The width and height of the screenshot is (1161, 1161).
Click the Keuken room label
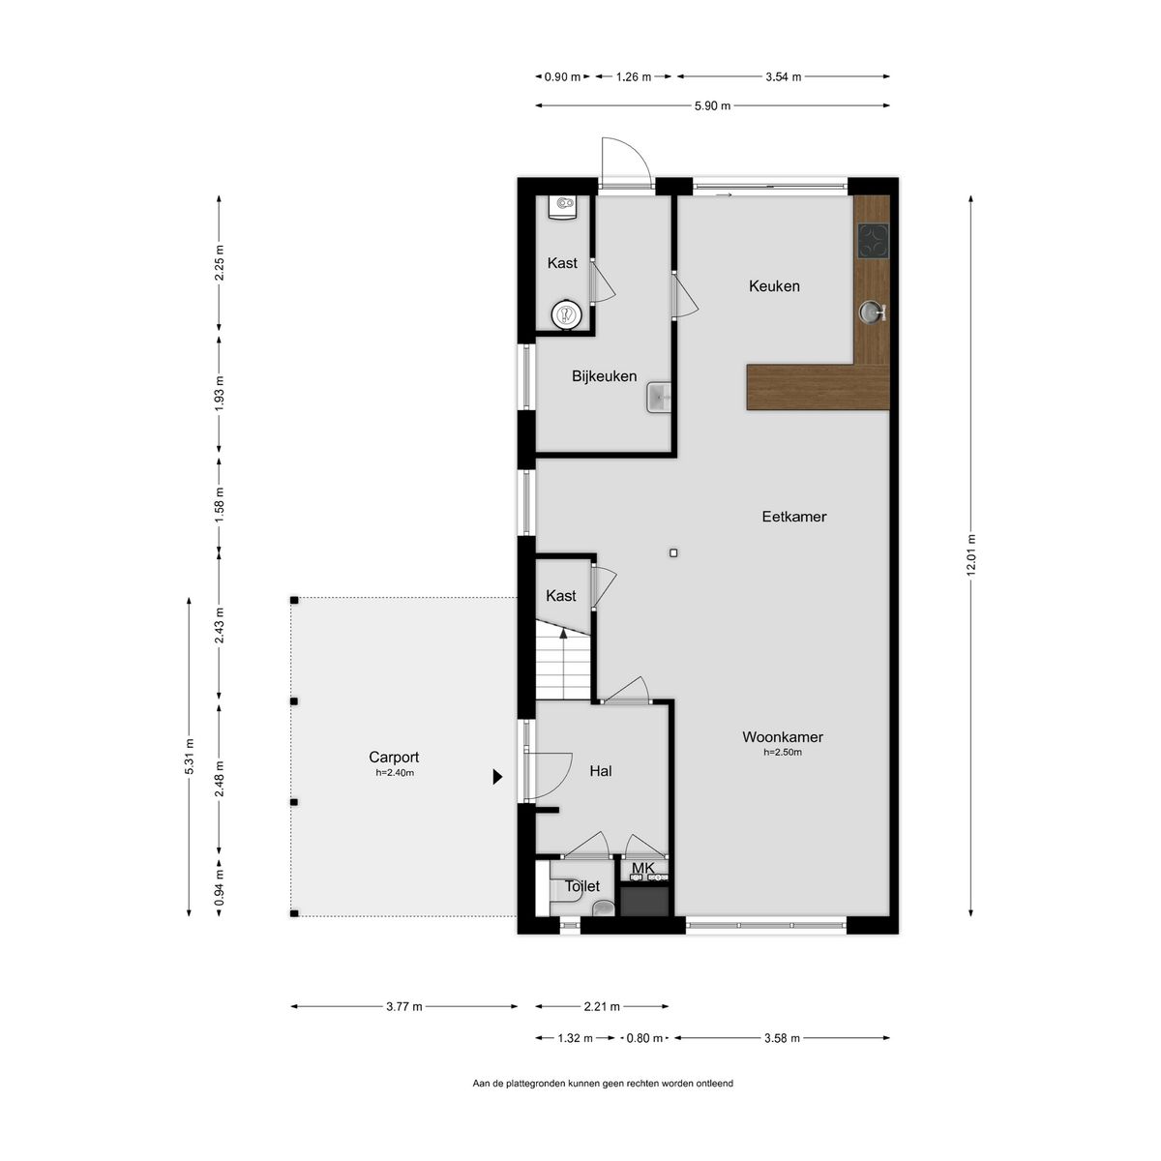[774, 286]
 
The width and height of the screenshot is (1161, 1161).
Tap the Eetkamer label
[793, 517]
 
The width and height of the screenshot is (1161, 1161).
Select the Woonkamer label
[782, 736]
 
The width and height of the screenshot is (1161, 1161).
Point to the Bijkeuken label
[604, 376]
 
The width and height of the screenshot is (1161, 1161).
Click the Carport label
[394, 758]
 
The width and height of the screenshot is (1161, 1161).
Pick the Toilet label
[582, 886]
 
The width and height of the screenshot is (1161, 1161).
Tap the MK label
[642, 868]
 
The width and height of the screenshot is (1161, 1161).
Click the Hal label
[601, 771]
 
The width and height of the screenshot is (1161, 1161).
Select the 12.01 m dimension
[970, 555]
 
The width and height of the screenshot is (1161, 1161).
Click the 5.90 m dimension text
[712, 106]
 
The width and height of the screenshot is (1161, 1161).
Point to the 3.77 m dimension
[404, 1006]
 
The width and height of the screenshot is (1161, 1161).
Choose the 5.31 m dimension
[190, 757]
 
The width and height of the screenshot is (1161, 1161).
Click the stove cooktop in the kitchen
[873, 241]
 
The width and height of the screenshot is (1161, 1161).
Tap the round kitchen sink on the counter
[871, 312]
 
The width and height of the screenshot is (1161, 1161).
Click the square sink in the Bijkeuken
[660, 398]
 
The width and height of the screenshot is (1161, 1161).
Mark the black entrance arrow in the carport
[497, 777]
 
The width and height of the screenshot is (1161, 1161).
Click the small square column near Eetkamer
[673, 552]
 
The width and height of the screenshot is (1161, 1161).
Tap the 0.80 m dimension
[644, 1038]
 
